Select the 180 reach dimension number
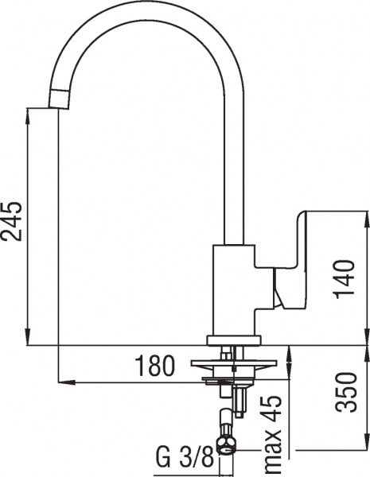click(x=153, y=366)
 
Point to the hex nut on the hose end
click(x=228, y=443)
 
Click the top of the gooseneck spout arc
click(x=143, y=10)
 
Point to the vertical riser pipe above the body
click(x=232, y=159)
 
